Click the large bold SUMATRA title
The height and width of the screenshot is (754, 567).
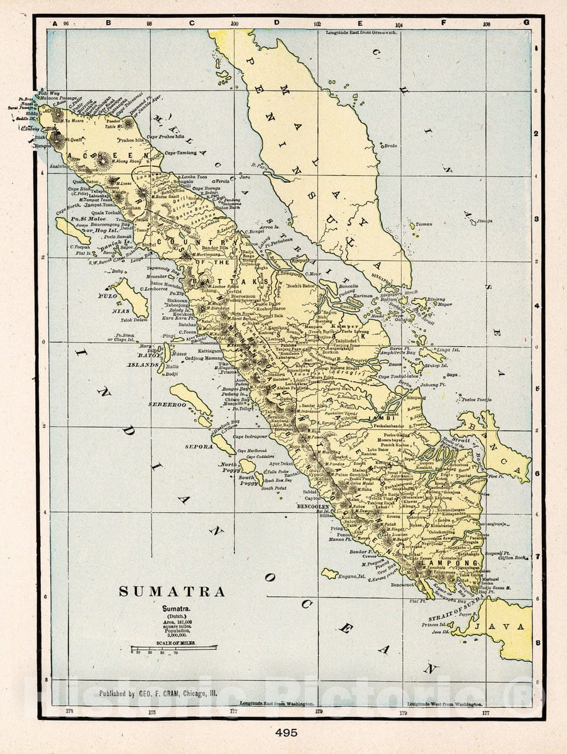pos(172,592)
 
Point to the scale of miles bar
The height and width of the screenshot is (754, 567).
pos(173,647)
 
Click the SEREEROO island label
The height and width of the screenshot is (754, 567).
pos(167,405)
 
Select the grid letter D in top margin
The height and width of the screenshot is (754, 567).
pos(276,23)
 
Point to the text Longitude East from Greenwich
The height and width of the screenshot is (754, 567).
pos(361,31)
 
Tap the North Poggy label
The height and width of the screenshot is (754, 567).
pos(228,466)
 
